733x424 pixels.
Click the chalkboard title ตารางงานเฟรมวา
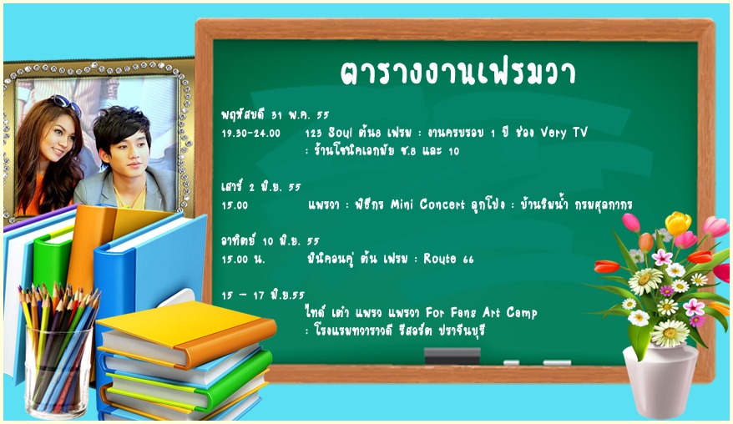[x=457, y=73]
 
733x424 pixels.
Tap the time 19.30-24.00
[x=251, y=134]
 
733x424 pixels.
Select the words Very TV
[x=564, y=133]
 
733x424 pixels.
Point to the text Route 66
[x=448, y=259]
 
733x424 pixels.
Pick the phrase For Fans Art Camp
[x=482, y=312]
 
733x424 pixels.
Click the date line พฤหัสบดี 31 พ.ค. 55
[x=276, y=114]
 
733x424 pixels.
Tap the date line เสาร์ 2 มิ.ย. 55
[x=261, y=186]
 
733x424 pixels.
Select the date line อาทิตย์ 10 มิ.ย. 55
[x=270, y=240]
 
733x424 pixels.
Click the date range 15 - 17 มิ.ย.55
[x=263, y=295]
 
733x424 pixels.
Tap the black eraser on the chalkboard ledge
[x=452, y=356]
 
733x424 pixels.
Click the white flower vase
[x=660, y=381]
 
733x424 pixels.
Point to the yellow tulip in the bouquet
[x=678, y=224]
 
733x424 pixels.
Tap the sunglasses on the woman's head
[x=65, y=103]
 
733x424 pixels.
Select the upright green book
[x=53, y=262]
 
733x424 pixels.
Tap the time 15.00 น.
[x=243, y=259]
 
